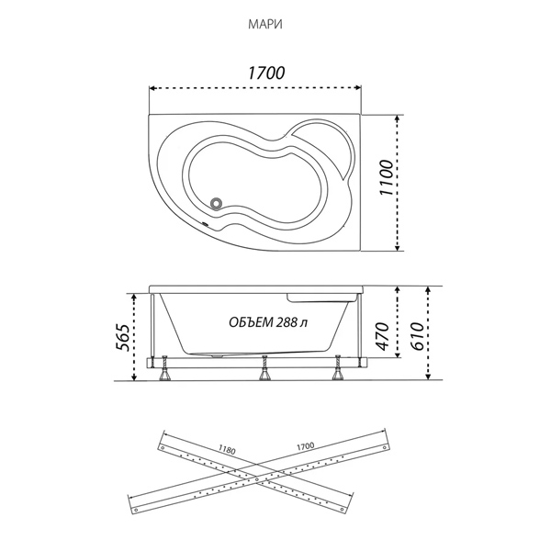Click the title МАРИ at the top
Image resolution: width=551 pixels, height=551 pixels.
(265, 25)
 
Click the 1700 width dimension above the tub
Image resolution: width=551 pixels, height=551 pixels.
(266, 73)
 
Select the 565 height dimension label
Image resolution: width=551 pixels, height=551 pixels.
(123, 338)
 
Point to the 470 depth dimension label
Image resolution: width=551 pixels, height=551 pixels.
(383, 336)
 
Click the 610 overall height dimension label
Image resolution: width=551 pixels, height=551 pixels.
(417, 336)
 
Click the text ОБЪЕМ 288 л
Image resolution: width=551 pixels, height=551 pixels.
(268, 322)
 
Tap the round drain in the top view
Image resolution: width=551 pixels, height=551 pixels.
(216, 203)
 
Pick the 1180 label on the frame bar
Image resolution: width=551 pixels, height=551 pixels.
(227, 449)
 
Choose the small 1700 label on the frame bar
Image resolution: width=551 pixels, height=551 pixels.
(305, 446)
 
